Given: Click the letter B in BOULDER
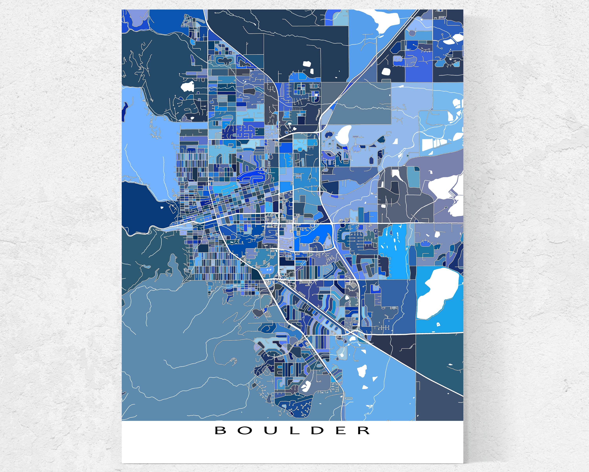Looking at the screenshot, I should coord(221,431).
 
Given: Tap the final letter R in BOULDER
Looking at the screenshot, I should coord(364,431).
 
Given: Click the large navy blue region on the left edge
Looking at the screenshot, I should coord(142,208).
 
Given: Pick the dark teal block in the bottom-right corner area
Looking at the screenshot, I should coord(440,361).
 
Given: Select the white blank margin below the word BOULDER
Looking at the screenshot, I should coord(292,452).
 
